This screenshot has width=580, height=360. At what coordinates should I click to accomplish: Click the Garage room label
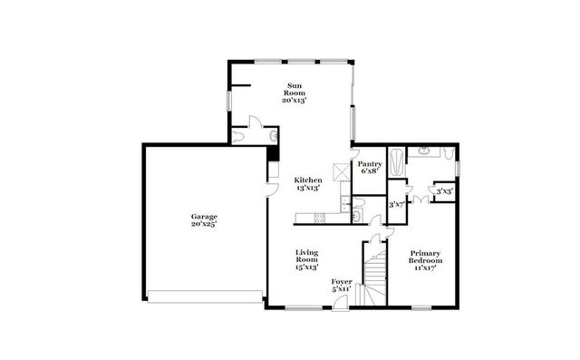tap(203, 217)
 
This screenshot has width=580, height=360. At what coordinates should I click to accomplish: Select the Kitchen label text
tap(308, 180)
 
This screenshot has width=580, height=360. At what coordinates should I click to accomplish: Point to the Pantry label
tap(370, 164)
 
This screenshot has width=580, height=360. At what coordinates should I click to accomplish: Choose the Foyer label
tap(341, 282)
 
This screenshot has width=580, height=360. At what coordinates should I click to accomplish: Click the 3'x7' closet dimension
tap(396, 205)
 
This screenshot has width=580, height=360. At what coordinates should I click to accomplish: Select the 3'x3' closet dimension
tap(444, 191)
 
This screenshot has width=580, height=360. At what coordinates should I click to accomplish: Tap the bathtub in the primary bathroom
tap(398, 162)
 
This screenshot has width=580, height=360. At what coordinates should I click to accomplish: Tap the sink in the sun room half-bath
tap(271, 135)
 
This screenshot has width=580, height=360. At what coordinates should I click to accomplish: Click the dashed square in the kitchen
tap(340, 170)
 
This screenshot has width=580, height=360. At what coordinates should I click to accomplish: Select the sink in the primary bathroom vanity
tap(423, 151)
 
